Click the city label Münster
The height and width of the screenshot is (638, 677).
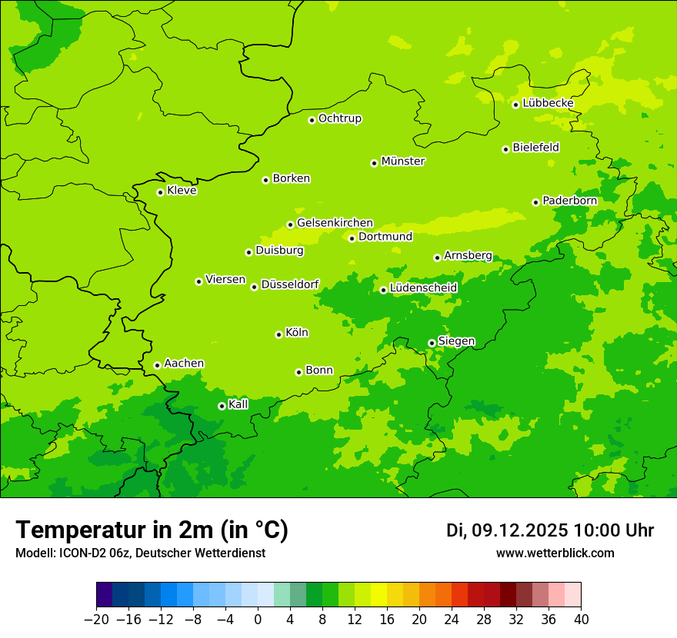pos(403,161)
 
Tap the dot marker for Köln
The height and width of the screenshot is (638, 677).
pos(278,334)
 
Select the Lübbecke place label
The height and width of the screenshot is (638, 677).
pos(548,103)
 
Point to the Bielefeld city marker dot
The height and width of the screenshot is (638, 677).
pos(506,149)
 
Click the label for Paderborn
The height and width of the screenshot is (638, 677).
pos(569,201)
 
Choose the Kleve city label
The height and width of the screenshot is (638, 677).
pos(182,191)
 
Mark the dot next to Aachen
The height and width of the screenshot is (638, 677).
pos(157,365)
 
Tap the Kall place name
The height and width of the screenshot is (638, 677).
pos(238,404)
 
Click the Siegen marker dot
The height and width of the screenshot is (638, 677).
pos(432,343)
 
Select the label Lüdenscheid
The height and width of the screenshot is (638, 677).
pos(423,288)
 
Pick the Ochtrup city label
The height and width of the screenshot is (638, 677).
pos(340,118)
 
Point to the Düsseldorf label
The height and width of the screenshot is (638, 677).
pos(290,284)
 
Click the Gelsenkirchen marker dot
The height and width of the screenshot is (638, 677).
pos(290,224)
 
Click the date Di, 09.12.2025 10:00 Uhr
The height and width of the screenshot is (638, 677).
pos(550,530)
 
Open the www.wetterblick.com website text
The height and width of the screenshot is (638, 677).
pos(555,553)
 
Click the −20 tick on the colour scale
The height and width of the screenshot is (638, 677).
pos(96,620)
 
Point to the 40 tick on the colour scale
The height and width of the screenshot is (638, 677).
pos(581,620)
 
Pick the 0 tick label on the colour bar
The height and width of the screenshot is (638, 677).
pos(258,620)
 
